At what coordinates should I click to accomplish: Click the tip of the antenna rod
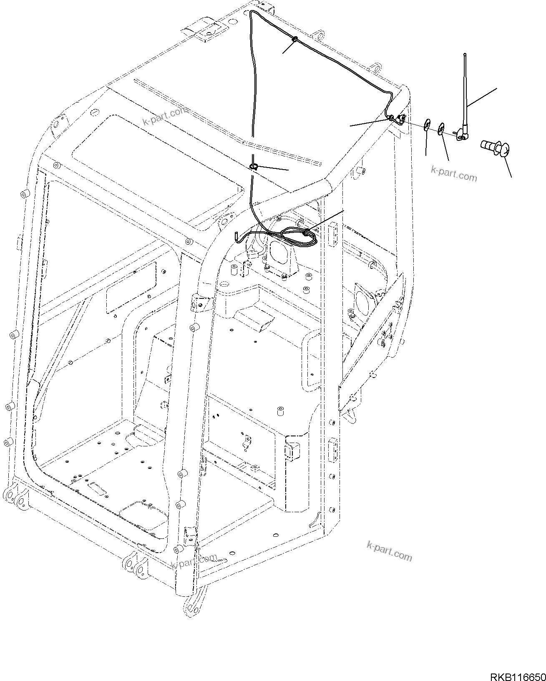click(x=465, y=55)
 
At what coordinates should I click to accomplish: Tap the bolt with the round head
click(x=496, y=148)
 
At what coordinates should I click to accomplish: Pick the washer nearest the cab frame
click(x=427, y=125)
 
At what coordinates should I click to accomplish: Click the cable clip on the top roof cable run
click(x=295, y=40)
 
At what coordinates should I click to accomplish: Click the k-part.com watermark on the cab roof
click(x=165, y=116)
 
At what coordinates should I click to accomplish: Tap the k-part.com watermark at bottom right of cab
click(x=389, y=552)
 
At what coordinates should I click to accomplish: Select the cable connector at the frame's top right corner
click(x=399, y=119)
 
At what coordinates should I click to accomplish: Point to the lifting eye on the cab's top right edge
click(x=377, y=68)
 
